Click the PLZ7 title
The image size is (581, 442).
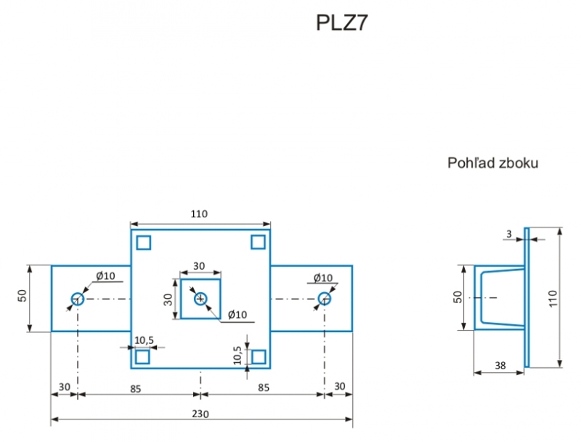pos(341,23)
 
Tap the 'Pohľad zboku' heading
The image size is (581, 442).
pos(492,163)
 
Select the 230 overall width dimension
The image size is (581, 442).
pos(200,414)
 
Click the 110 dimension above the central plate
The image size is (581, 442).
pos(199,214)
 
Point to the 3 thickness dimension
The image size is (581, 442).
pos(509,234)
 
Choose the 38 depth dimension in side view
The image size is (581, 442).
pos(500,366)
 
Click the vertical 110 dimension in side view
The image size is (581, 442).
pos(553,298)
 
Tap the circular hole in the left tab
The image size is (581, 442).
pos(78,299)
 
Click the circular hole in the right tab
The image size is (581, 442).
pos(324,299)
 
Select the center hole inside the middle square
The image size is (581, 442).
pos(200,299)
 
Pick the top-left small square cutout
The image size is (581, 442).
pos(143,243)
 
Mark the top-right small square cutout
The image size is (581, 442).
pos(258,242)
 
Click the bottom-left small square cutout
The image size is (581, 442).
pos(142,357)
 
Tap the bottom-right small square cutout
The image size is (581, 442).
pos(259,357)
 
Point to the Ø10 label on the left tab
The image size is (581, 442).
pos(105,276)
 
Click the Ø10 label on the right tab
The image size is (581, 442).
pos(323,278)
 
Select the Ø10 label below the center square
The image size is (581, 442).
pos(237,315)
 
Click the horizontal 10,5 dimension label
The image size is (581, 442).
pos(144,340)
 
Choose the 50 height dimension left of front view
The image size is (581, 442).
pos(23,296)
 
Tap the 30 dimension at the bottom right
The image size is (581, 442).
pos(340,386)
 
